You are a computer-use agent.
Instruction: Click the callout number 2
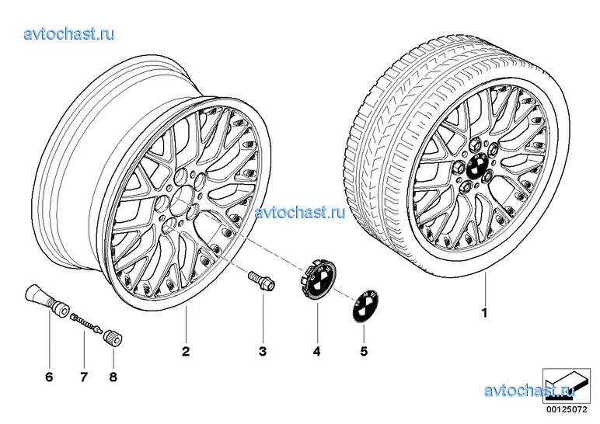coord(186,352)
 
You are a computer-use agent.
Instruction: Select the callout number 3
coord(263,352)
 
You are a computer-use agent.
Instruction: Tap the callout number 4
coord(316,352)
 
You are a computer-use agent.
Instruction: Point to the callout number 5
coord(363,352)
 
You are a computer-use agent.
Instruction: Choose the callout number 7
coord(83,377)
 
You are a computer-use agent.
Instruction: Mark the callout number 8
coord(114,377)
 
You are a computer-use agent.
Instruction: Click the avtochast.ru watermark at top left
coord(70,34)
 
